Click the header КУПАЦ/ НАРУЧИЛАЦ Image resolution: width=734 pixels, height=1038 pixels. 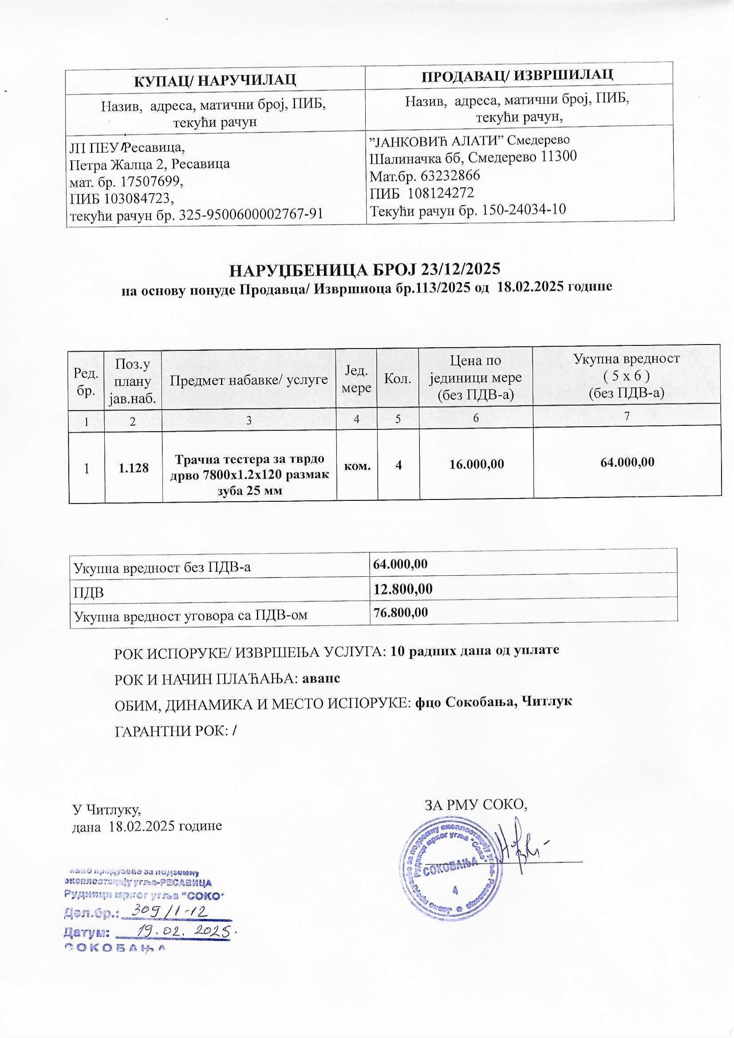point(215,80)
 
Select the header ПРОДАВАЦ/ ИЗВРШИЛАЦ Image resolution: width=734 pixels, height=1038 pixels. point(517,74)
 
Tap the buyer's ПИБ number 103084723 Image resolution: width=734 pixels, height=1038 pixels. point(138,198)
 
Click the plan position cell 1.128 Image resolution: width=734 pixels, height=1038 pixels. point(133,468)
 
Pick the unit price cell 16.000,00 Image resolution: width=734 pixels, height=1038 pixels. point(476,464)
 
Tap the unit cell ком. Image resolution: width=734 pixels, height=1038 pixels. point(357,465)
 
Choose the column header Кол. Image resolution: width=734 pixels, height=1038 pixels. point(398,379)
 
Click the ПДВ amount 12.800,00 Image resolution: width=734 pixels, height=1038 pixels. point(403,589)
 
